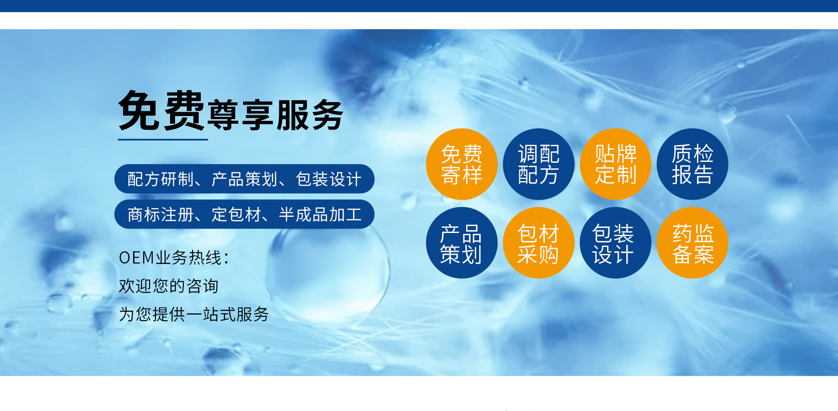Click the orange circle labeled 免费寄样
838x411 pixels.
tap(462, 164)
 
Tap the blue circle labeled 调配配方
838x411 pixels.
tap(539, 164)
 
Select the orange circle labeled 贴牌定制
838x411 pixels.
tap(615, 164)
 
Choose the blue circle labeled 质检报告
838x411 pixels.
tap(693, 164)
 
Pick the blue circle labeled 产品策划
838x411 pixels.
tap(462, 243)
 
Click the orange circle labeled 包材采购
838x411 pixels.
tap(539, 243)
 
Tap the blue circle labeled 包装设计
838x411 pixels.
tap(615, 243)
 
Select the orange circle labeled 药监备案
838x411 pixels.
tap(693, 243)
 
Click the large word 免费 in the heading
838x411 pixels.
tap(161, 111)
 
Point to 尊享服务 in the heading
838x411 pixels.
tap(275, 115)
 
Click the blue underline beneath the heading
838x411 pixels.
tap(163, 140)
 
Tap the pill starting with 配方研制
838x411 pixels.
tap(244, 179)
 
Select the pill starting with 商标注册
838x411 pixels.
tap(244, 214)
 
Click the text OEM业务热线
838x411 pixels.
tap(174, 258)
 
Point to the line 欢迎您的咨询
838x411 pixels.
tap(168, 286)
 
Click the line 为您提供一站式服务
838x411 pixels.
tap(194, 314)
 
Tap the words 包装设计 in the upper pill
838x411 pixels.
tap(329, 179)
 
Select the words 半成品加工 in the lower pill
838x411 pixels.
tap(320, 214)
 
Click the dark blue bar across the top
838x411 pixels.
tap(419, 6)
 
